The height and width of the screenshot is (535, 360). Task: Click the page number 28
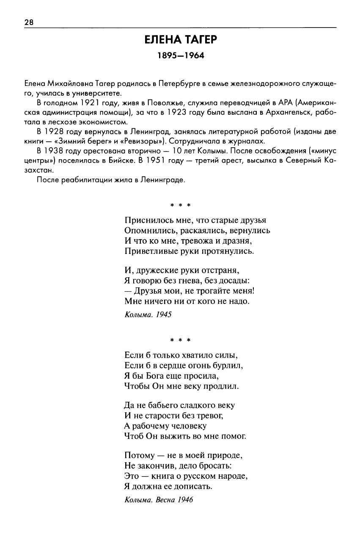coord(29,22)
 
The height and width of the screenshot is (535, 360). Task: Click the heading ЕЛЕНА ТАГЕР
coord(181,40)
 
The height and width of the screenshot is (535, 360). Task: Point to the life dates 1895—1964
coord(181,56)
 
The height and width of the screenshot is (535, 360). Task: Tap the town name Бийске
coord(126,160)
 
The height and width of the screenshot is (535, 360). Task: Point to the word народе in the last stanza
coord(234,476)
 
